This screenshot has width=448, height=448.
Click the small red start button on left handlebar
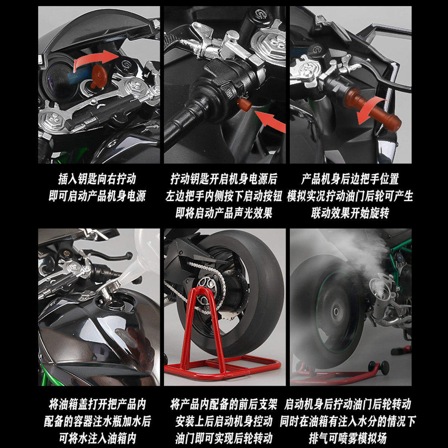pyautogui.click(x=245, y=105)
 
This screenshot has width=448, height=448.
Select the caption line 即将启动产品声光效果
pyautogui.click(x=224, y=213)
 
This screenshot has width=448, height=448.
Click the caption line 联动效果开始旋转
pyautogui.click(x=350, y=213)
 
